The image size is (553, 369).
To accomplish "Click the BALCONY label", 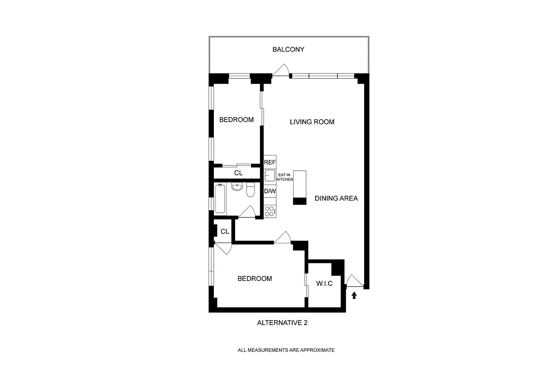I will pos(288,49).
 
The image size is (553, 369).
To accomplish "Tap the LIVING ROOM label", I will pos(312,122).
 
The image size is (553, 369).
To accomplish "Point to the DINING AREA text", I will pos(336,198).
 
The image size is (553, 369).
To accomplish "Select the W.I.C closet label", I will pos(324,283).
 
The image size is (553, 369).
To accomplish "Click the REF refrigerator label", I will pos(270,162).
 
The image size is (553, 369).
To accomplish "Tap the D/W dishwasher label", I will pos(270,191).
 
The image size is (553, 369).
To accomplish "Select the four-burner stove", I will pos(270,211).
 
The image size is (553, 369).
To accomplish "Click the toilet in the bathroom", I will pos(251,190).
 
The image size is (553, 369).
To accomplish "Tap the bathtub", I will pos(220,198).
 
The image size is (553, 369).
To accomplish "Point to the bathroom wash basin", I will pos(237,187).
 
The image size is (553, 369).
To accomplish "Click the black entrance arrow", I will pos(354,295).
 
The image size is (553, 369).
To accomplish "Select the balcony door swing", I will pos(281,71).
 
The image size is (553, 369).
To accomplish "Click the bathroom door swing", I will pos(248,212).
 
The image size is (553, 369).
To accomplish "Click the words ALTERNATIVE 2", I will pos(282,323).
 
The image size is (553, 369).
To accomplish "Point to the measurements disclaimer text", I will pos(286,350).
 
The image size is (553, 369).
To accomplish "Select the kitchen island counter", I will pos(300,187).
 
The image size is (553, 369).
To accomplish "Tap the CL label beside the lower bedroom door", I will pos(225,232).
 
